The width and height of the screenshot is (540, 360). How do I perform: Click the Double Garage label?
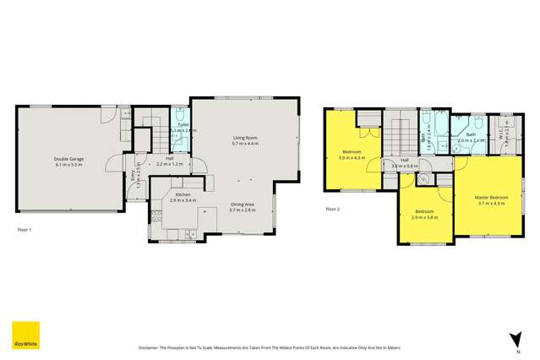[x=68, y=158]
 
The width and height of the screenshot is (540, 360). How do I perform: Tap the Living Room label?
[x=245, y=139]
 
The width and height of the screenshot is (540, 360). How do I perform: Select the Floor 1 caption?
[x=25, y=229]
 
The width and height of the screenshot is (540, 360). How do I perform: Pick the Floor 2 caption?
[x=332, y=209]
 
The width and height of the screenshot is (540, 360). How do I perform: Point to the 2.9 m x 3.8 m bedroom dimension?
[x=424, y=217]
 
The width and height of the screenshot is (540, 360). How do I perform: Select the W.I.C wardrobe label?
[x=505, y=135]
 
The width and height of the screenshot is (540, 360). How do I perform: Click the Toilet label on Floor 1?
[x=183, y=124]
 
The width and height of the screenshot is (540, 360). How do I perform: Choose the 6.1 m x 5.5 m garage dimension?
[x=68, y=164]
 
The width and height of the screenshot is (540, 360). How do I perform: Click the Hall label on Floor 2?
[x=405, y=160]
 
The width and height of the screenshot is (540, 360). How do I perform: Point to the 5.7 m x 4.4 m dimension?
[x=245, y=145]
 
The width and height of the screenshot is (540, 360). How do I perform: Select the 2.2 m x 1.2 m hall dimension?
[x=170, y=164]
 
